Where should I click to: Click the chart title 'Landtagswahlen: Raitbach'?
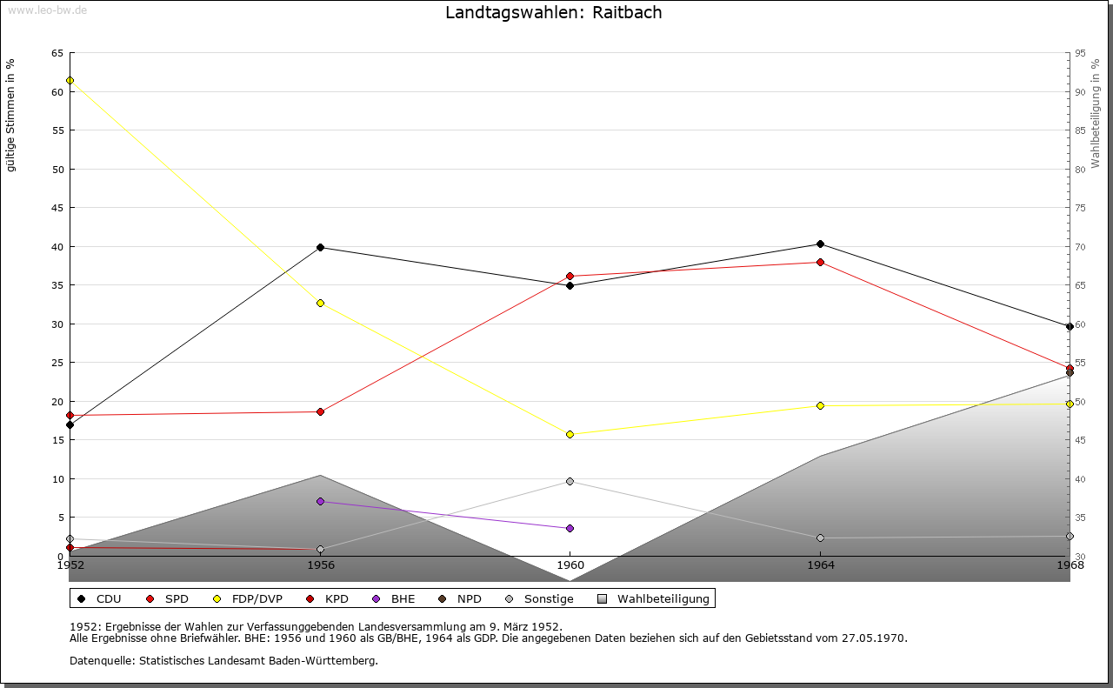[x=553, y=13]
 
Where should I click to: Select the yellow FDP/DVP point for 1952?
[x=70, y=81]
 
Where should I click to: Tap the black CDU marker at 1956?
[x=320, y=247]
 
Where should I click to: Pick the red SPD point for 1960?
[x=570, y=277]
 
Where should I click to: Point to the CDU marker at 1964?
[x=820, y=244]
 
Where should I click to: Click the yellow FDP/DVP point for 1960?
[x=570, y=434]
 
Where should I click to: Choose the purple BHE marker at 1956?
[x=320, y=502]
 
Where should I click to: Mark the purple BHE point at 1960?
[x=570, y=528]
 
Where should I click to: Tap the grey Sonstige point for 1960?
[x=570, y=481]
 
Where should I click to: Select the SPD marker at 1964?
[x=820, y=262]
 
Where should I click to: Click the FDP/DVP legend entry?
[x=244, y=599]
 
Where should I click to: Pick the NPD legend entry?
[x=469, y=599]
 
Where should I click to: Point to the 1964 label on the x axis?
[x=820, y=565]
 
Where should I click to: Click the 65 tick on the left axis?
[x=57, y=53]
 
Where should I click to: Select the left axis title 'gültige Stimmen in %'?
[x=11, y=115]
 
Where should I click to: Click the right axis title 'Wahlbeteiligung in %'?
[x=1096, y=114]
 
